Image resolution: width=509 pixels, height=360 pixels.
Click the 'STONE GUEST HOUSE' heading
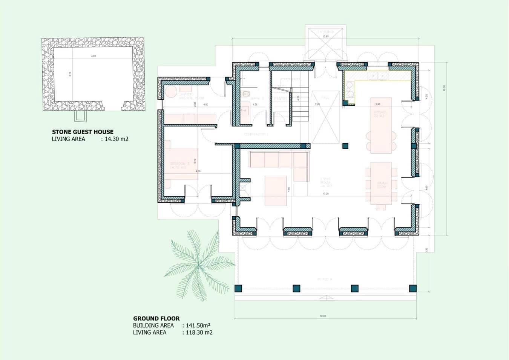pyautogui.click(x=83, y=132)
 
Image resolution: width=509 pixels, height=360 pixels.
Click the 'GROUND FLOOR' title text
pyautogui.click(x=156, y=318)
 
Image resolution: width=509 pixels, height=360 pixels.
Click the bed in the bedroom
pyautogui.click(x=181, y=164)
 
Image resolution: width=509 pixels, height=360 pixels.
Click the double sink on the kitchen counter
pyautogui.click(x=378, y=76)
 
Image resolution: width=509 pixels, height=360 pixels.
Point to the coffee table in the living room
pyautogui.click(x=276, y=191)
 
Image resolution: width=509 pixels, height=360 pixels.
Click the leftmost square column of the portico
pyautogui.click(x=238, y=289)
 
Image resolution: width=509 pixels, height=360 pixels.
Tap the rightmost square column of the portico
pyautogui.click(x=413, y=289)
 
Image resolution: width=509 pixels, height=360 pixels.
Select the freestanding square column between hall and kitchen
pyautogui.click(x=345, y=146)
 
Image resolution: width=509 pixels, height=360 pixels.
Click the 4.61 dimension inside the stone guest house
pyautogui.click(x=94, y=56)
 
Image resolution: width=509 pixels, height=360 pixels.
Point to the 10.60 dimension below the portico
pyautogui.click(x=323, y=316)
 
